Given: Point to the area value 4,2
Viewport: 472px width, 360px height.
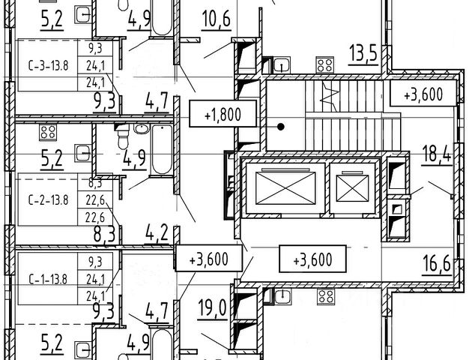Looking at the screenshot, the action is click(x=157, y=232).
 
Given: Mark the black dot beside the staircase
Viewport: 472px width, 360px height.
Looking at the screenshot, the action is click(x=282, y=126).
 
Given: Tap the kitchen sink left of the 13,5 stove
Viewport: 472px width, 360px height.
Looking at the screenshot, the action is click(x=282, y=64).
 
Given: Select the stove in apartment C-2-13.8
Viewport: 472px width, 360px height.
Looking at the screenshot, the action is click(x=47, y=133).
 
